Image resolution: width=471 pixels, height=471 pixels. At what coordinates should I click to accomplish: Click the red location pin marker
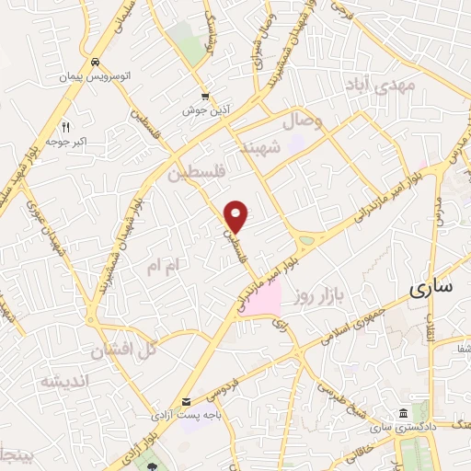coord(236,216)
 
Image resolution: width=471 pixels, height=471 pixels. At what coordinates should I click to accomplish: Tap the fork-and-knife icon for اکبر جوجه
coord(65,127)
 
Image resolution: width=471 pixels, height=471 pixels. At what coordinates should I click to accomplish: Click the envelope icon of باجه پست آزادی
coord(187,402)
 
